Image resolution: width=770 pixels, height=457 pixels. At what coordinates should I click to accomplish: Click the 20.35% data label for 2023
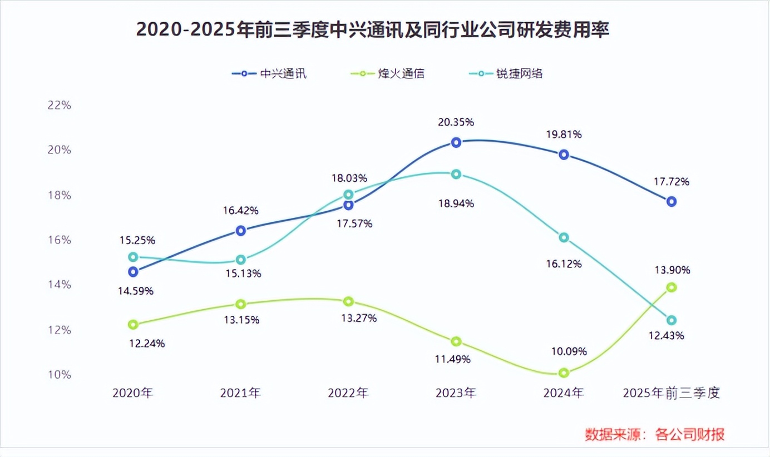point(456,122)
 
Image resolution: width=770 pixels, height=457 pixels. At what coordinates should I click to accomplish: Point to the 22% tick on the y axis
point(58,105)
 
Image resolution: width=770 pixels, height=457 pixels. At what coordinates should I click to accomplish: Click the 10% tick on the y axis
point(58,375)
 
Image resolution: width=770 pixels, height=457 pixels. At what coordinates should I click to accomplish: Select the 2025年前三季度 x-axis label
point(672,393)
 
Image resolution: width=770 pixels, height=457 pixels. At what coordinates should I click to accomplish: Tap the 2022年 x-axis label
point(348,393)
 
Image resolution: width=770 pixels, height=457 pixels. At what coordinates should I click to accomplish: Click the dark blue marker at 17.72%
point(672,201)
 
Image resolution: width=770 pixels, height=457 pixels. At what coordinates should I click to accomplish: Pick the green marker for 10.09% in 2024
point(564,373)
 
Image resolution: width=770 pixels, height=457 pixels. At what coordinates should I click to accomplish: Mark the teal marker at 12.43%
point(672,320)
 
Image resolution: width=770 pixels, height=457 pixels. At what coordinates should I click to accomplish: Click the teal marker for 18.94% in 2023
point(456,174)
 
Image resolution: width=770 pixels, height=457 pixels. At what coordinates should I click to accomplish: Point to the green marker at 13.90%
point(672,287)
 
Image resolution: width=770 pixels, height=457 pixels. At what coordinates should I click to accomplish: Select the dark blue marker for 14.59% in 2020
point(133,272)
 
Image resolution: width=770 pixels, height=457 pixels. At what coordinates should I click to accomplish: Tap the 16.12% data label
point(564,264)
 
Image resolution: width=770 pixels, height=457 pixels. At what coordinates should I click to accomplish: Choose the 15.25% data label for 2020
point(137,240)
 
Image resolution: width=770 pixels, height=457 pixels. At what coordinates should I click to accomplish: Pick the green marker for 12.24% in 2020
point(133,325)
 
